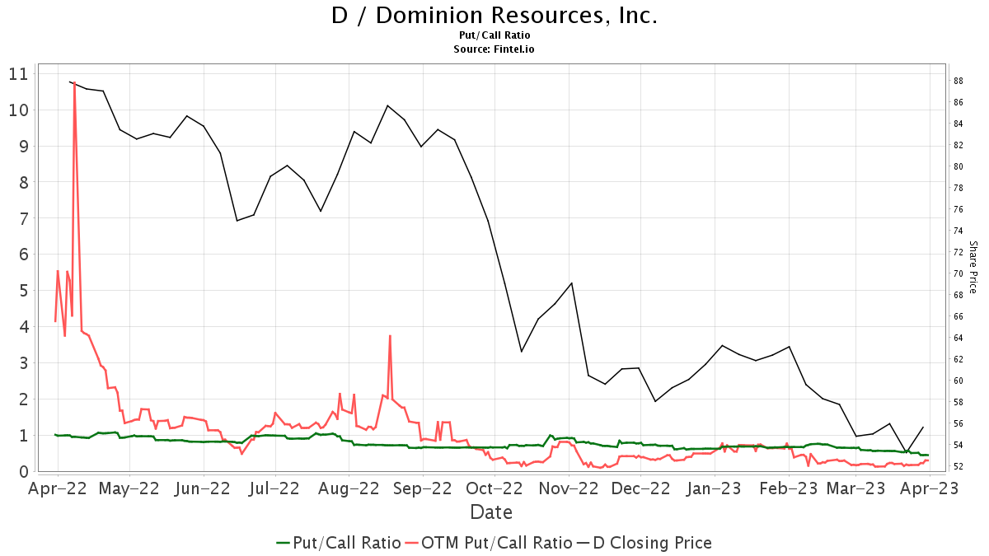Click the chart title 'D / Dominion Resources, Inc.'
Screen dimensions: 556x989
(x=494, y=16)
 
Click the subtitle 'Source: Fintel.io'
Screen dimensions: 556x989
(x=494, y=49)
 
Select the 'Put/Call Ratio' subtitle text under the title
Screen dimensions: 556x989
(x=494, y=35)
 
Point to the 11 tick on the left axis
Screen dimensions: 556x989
(x=18, y=74)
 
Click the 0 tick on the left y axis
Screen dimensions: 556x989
(x=22, y=472)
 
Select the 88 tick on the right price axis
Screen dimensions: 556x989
(x=959, y=81)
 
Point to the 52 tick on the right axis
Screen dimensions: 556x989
(x=959, y=466)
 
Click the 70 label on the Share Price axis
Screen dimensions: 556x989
(x=959, y=273)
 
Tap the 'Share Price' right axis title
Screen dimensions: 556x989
(x=973, y=267)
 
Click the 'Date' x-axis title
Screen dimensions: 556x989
(x=491, y=512)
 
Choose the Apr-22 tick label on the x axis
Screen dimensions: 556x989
(x=58, y=488)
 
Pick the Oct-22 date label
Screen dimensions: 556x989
(x=495, y=488)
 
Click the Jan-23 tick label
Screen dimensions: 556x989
(x=715, y=488)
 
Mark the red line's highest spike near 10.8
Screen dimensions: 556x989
(x=74, y=82)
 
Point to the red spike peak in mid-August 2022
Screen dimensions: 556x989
(x=389, y=335)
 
